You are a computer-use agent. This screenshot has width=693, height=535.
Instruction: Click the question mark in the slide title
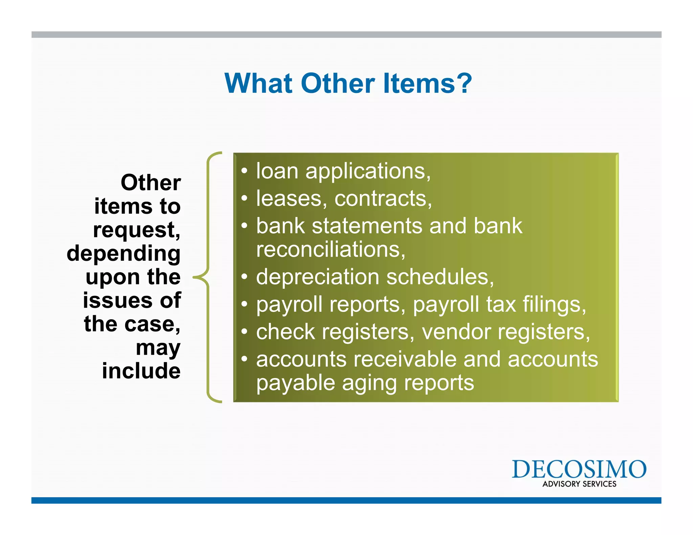462,83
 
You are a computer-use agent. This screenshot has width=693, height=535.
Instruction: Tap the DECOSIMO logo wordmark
579,469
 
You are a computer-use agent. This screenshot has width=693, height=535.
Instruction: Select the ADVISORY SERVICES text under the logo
579,484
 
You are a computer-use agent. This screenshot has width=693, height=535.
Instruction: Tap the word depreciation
317,277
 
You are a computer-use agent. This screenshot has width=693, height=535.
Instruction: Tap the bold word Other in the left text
151,183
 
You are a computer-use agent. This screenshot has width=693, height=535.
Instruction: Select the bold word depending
124,254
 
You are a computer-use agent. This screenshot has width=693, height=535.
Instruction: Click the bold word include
141,371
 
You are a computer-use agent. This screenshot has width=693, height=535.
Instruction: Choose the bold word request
135,231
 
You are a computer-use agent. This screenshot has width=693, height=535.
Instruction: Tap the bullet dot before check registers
244,332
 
